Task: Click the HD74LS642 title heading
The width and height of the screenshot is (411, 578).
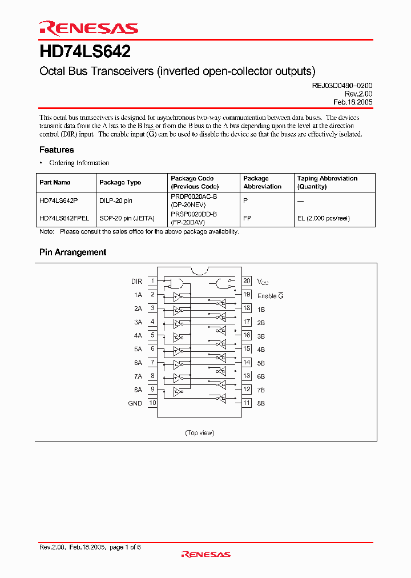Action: click(85, 52)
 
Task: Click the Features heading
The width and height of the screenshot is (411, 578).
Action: click(57, 150)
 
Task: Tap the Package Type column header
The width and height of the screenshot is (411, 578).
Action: click(120, 182)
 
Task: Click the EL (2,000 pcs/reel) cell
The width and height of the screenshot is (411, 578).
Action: click(323, 218)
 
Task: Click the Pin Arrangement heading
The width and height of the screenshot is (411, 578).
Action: click(72, 252)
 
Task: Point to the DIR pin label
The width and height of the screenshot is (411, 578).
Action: click(136, 282)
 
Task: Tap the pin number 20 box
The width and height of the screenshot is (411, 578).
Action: click(247, 281)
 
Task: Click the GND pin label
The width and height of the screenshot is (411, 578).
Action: click(135, 403)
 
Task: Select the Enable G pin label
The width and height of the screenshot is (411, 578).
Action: click(270, 296)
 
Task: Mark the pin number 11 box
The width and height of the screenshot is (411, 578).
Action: click(247, 403)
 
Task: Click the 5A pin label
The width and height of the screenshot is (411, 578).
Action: click(138, 349)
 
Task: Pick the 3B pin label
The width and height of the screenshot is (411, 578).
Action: click(261, 336)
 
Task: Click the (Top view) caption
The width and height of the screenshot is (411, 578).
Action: click(200, 432)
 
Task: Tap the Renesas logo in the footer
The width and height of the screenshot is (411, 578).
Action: click(205, 554)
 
